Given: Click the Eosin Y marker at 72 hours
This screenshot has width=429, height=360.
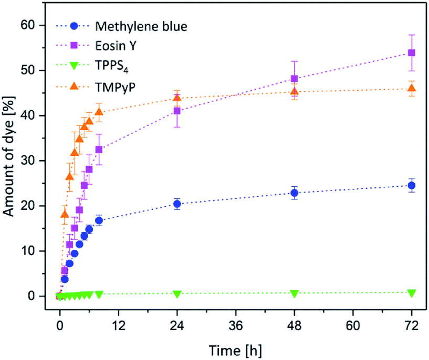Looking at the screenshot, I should point(412,52).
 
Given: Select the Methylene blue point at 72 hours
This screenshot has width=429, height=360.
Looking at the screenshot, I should point(412,185).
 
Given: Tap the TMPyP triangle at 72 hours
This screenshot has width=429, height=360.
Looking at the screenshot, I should point(412,88).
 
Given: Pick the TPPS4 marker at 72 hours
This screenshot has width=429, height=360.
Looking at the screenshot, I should point(412,292).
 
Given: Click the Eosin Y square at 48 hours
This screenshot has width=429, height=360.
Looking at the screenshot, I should point(294,79).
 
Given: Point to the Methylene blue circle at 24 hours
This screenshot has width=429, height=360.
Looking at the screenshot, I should point(177,204).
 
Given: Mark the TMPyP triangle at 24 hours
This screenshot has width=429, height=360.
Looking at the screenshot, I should point(177,98).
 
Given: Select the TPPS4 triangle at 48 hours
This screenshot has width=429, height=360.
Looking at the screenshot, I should point(294,293).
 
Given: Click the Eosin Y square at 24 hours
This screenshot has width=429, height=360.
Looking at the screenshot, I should point(177,111).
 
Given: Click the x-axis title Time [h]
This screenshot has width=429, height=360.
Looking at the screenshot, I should point(235,348).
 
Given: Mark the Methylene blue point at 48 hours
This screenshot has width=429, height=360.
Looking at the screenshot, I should point(294,193).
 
